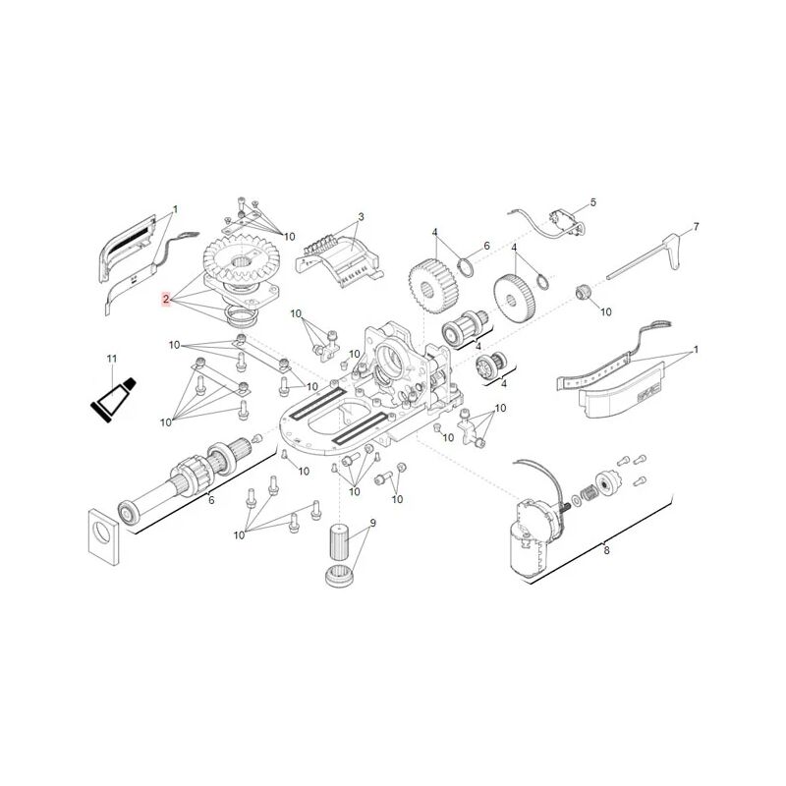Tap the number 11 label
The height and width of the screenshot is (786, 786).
click(111, 359)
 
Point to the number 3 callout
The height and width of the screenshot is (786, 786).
click(361, 217)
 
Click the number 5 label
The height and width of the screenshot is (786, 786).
click(592, 202)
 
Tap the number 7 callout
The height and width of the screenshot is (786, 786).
click(696, 227)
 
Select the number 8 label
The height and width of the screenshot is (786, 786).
click(606, 550)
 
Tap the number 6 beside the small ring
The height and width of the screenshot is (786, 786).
click(484, 247)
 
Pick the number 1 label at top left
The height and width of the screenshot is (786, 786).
click(175, 209)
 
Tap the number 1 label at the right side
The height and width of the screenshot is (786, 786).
click(696, 350)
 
